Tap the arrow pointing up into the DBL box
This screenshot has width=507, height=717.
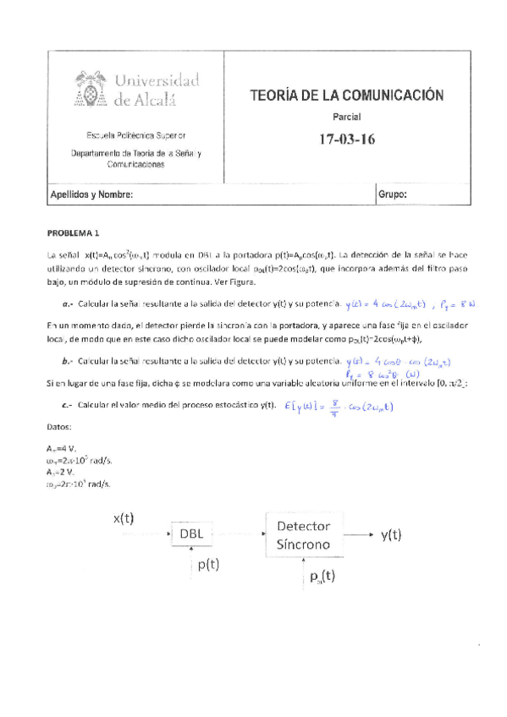[196, 552]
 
